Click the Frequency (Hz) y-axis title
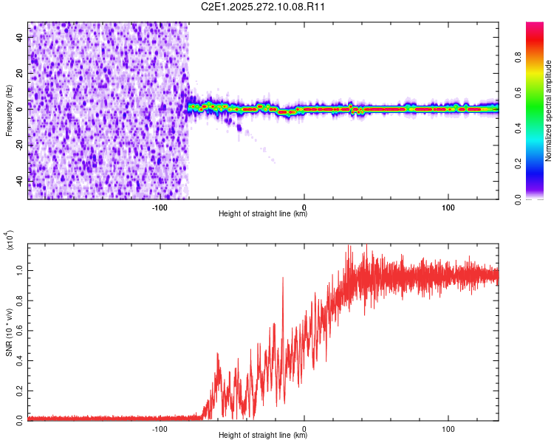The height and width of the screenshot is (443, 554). (x=9, y=110)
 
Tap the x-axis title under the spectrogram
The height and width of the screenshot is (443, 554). (x=263, y=214)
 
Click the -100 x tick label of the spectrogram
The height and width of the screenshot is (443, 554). (x=160, y=207)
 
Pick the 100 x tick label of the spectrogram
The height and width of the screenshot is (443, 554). (x=448, y=207)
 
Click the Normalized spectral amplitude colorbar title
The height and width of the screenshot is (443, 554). (x=549, y=110)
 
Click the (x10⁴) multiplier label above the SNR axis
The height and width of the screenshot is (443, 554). (x=10, y=240)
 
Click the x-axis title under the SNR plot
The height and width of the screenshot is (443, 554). (x=263, y=436)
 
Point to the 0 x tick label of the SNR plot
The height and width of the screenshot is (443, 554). (x=304, y=428)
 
